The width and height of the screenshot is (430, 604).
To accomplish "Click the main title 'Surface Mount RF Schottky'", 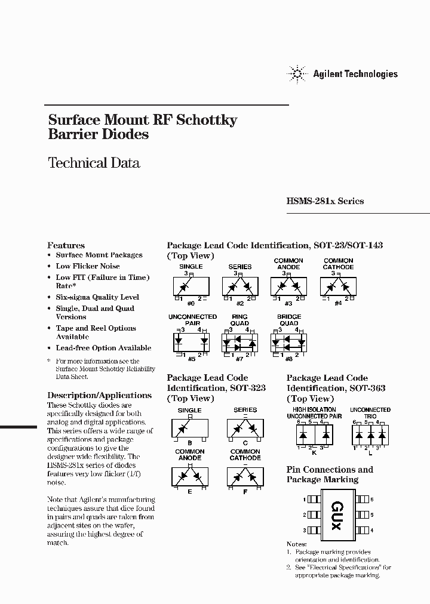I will point(143,120).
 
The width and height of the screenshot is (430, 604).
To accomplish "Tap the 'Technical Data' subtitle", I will point(94,163).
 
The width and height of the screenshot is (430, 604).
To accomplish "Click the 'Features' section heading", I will point(66,245).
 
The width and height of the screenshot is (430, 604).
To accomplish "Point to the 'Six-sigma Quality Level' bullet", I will point(97,297).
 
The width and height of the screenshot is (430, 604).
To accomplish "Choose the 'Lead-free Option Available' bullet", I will point(103,348).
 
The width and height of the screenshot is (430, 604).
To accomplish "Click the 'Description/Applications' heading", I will point(99,395).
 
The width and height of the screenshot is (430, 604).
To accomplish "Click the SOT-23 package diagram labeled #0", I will point(191,286).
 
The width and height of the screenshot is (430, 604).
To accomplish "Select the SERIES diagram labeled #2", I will point(239,286).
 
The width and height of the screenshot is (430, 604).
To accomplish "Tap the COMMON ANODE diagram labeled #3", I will point(288,286).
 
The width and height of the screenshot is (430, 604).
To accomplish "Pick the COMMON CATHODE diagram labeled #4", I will point(338,286).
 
